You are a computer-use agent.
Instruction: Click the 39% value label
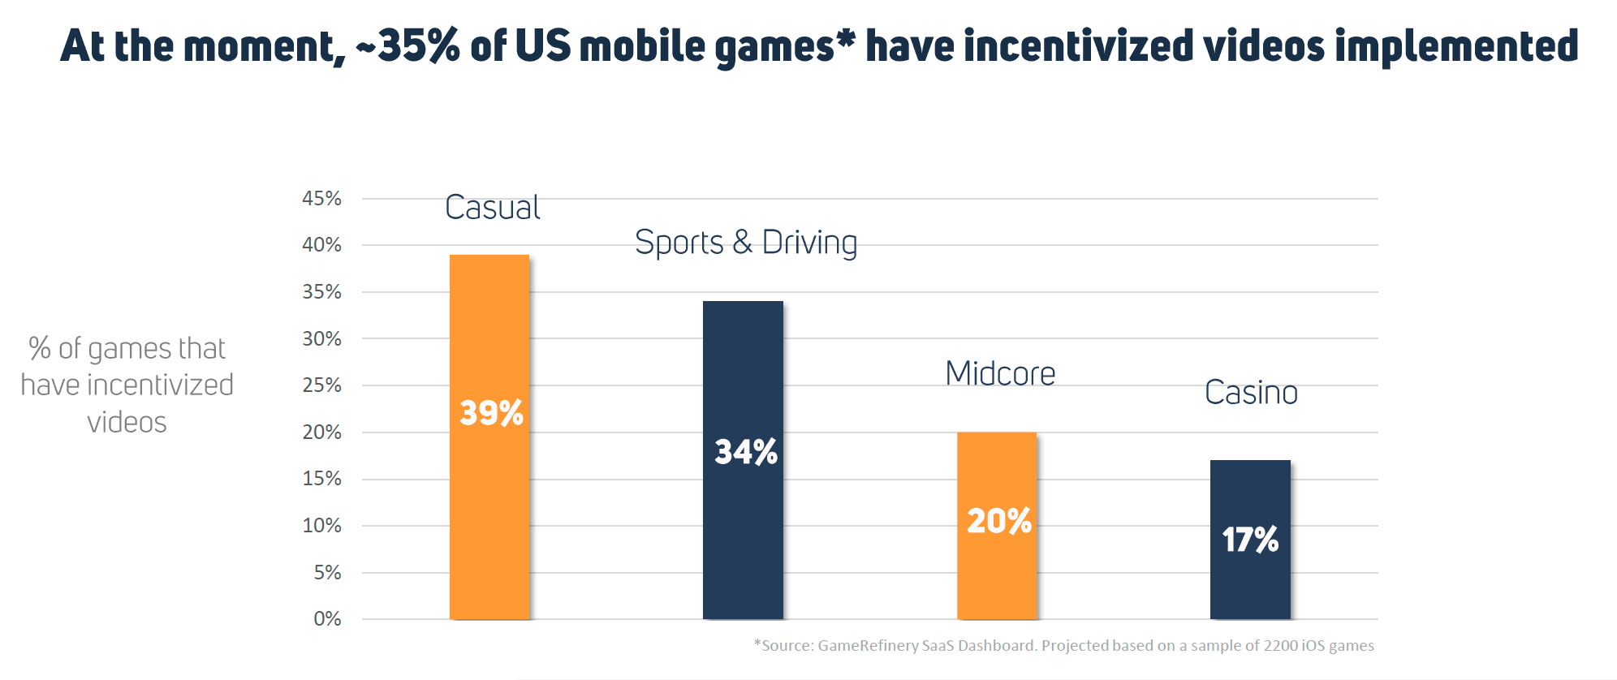(x=492, y=413)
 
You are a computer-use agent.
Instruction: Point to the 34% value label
(x=746, y=452)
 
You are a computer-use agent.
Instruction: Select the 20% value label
(x=999, y=521)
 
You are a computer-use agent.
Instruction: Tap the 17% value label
(x=1251, y=540)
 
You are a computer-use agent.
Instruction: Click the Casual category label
(x=493, y=208)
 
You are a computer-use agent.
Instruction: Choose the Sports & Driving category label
(x=746, y=243)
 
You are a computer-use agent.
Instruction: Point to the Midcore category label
(x=1000, y=374)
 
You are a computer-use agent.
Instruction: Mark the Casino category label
(x=1251, y=393)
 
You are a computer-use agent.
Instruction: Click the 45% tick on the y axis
(x=321, y=199)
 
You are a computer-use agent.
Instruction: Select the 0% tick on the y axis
(x=327, y=619)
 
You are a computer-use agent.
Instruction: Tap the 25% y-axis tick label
(x=321, y=385)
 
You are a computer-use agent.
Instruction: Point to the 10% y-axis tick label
(x=321, y=526)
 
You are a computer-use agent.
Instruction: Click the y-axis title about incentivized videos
(x=127, y=385)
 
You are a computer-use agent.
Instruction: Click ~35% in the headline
(x=408, y=45)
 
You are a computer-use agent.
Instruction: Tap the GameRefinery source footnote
(x=1064, y=646)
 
